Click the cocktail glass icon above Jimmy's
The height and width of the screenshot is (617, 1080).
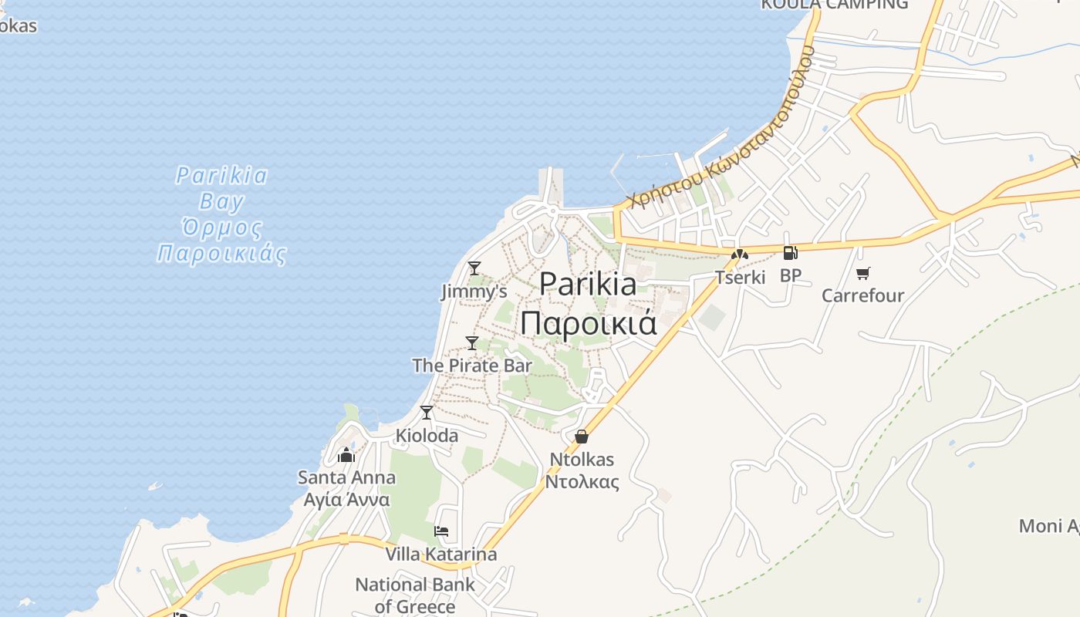coord(474,268)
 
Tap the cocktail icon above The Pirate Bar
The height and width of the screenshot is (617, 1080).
coord(472,343)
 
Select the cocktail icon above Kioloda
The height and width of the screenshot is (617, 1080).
coord(426,413)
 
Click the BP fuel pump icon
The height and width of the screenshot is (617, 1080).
coord(790,252)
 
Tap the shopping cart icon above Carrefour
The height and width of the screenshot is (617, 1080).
coord(862,273)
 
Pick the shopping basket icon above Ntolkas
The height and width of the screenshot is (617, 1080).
coord(582,437)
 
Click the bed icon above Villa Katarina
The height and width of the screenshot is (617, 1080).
coord(441,531)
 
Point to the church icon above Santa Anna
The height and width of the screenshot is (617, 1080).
coord(346,455)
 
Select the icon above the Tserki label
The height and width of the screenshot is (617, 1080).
coord(740,254)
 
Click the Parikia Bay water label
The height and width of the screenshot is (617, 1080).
coord(221,188)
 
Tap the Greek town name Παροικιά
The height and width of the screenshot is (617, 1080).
coord(588,322)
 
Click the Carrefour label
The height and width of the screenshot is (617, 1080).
coord(862,295)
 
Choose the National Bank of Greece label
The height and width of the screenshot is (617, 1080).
coord(415,595)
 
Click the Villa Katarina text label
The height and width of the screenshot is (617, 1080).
coord(441,554)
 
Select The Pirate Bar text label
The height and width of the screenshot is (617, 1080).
coord(472,365)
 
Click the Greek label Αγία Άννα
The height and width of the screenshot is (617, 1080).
coord(346,499)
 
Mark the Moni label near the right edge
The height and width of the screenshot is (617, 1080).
coord(1048,526)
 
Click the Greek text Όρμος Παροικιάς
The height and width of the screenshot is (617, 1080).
coord(221,241)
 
